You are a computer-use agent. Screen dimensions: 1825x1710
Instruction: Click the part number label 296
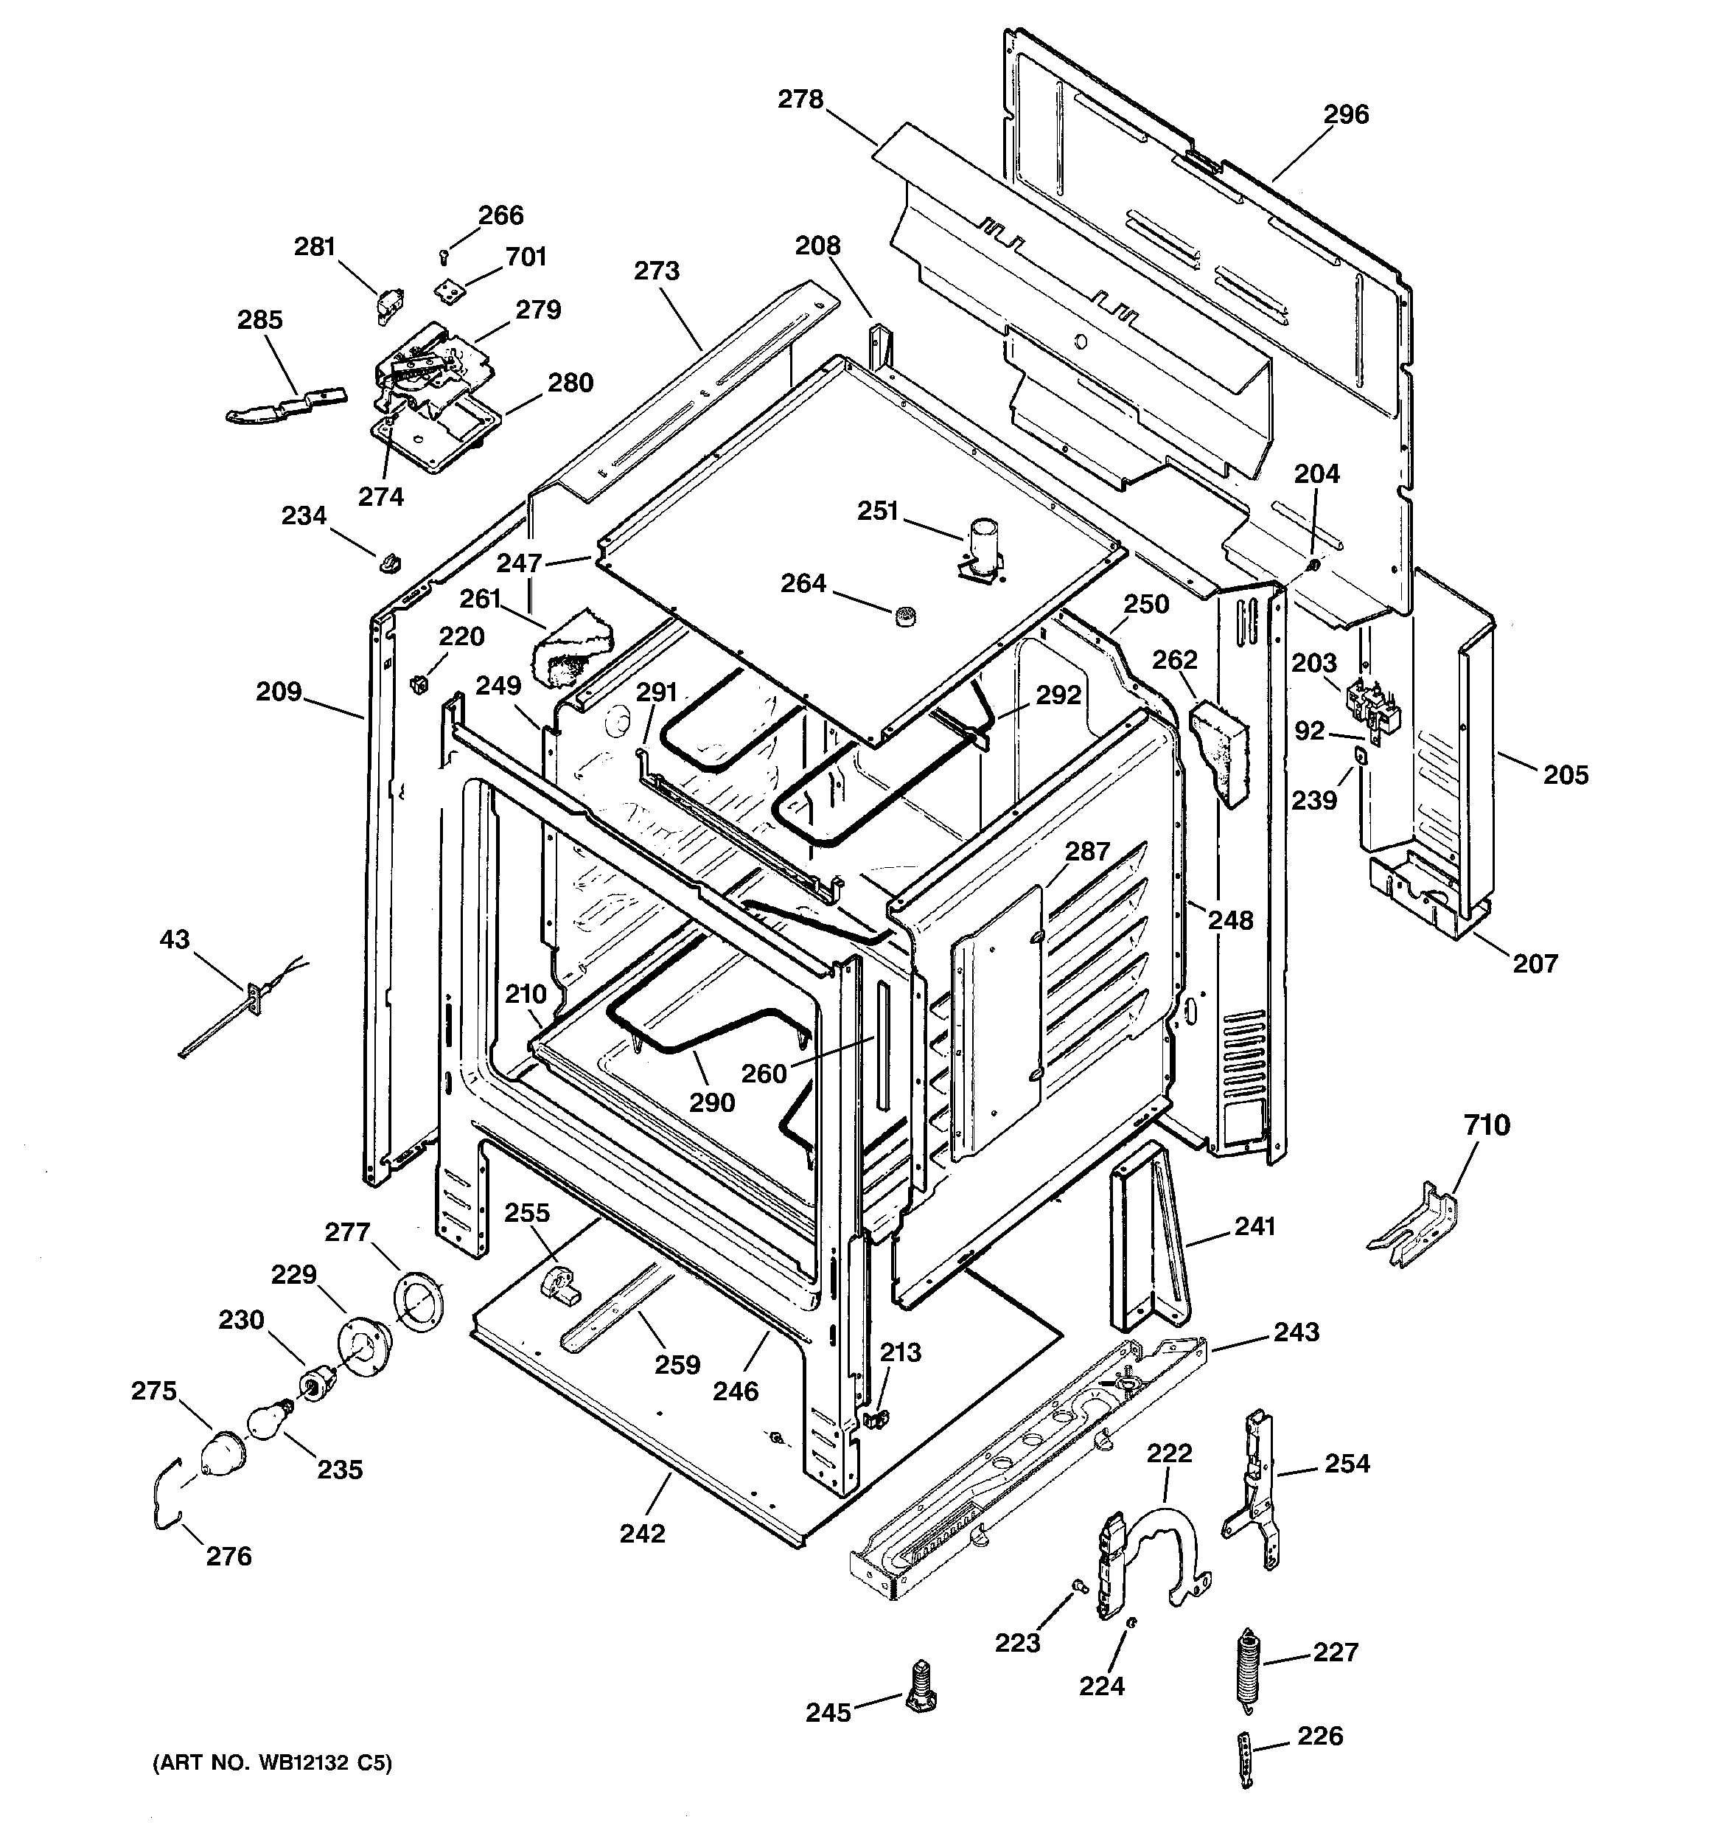1346,115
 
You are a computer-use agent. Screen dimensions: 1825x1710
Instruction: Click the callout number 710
1487,1124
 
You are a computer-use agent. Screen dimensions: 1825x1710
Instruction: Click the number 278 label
800,99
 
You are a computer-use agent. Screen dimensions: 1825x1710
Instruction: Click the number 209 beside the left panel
279,691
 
